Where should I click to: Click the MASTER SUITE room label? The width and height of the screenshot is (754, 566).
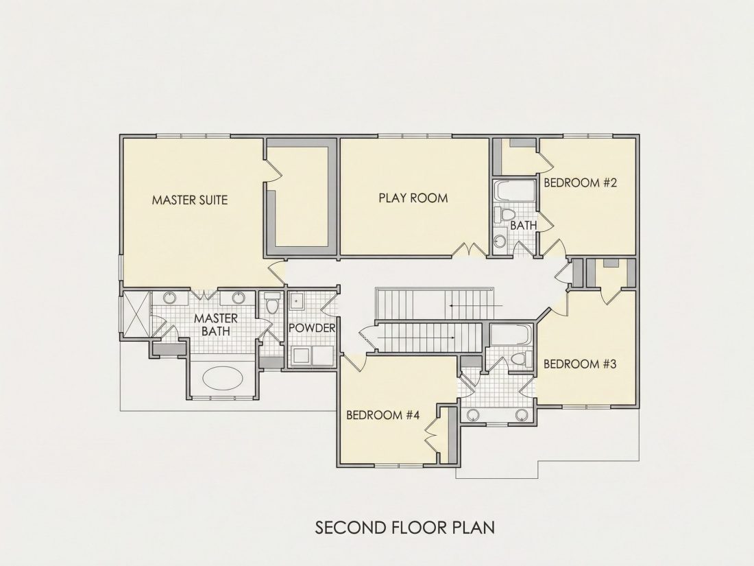(189, 200)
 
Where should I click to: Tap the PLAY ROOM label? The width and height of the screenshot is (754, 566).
(413, 198)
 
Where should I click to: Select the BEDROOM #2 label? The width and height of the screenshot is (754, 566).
(580, 183)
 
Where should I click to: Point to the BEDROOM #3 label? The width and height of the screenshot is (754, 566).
(580, 364)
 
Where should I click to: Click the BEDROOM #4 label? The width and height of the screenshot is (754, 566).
(382, 415)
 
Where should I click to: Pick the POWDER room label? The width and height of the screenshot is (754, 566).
(312, 328)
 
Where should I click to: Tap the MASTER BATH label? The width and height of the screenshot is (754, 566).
(215, 325)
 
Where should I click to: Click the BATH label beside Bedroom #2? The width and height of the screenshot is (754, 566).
(523, 225)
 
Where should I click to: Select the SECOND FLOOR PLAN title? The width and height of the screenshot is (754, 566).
(405, 528)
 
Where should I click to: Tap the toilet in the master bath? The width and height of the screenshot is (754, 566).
(272, 303)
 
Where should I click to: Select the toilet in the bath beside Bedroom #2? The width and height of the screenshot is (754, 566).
(505, 215)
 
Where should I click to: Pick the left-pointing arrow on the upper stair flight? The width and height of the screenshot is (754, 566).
(476, 305)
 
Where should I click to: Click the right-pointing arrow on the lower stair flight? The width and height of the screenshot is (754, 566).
(417, 338)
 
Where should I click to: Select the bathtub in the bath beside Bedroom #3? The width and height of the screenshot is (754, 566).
(511, 334)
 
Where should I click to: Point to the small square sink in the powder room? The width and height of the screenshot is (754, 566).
(297, 301)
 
